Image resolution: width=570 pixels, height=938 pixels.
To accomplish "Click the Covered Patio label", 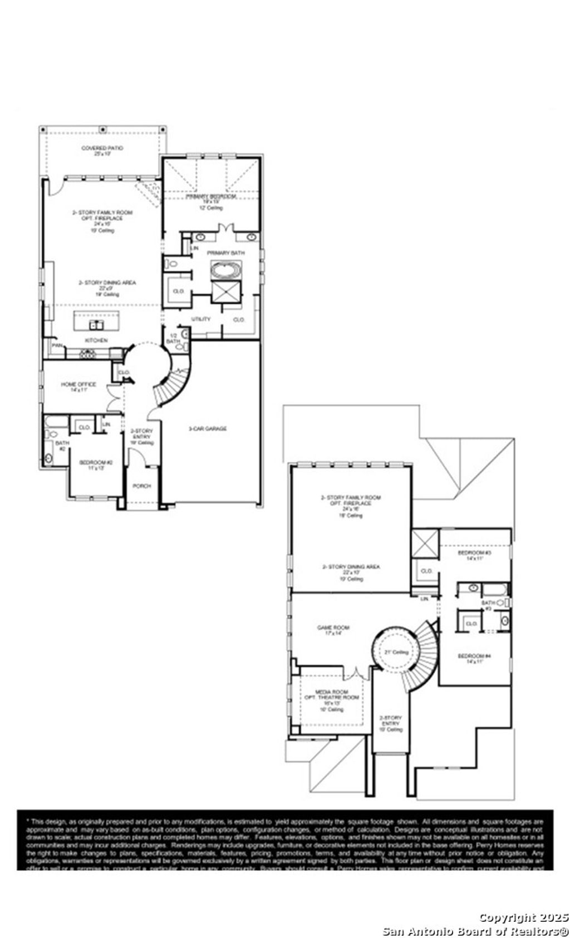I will (x=102, y=148).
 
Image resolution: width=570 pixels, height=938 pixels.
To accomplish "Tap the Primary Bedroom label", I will (x=211, y=196).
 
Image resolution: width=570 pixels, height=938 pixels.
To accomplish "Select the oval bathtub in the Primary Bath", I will (x=225, y=271).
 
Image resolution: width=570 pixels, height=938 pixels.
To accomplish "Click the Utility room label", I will (x=201, y=319).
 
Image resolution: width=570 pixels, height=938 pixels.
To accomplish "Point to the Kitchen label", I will (x=96, y=340).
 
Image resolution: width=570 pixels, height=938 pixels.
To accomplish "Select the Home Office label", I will (x=78, y=384).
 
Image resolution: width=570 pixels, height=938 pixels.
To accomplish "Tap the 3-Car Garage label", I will (x=207, y=428).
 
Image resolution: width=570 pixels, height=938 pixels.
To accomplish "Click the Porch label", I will (x=141, y=486).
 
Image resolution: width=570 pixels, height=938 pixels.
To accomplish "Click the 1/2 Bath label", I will (x=173, y=338).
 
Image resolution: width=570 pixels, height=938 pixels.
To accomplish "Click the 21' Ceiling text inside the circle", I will (x=397, y=652).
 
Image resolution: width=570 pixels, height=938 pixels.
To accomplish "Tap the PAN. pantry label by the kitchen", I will (x=57, y=345).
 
